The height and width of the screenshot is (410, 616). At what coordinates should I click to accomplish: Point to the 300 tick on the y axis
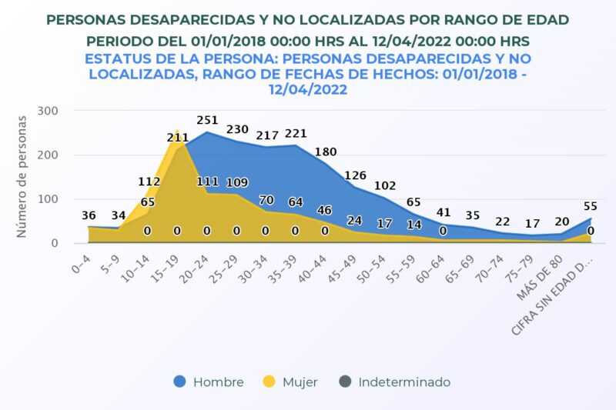click(x=48, y=111)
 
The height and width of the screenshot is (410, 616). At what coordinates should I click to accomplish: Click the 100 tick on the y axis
click(x=48, y=199)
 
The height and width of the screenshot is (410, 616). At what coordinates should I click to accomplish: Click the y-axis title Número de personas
click(x=22, y=176)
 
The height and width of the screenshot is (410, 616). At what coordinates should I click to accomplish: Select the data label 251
click(x=207, y=120)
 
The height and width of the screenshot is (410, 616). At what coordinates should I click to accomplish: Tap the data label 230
click(x=237, y=129)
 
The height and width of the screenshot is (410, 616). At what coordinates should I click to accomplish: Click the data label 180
click(x=326, y=152)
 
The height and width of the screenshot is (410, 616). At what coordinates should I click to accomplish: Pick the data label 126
click(x=355, y=175)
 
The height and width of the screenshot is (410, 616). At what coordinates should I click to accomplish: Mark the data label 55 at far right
click(x=591, y=206)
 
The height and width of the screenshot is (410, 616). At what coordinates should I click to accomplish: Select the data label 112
click(x=149, y=182)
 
